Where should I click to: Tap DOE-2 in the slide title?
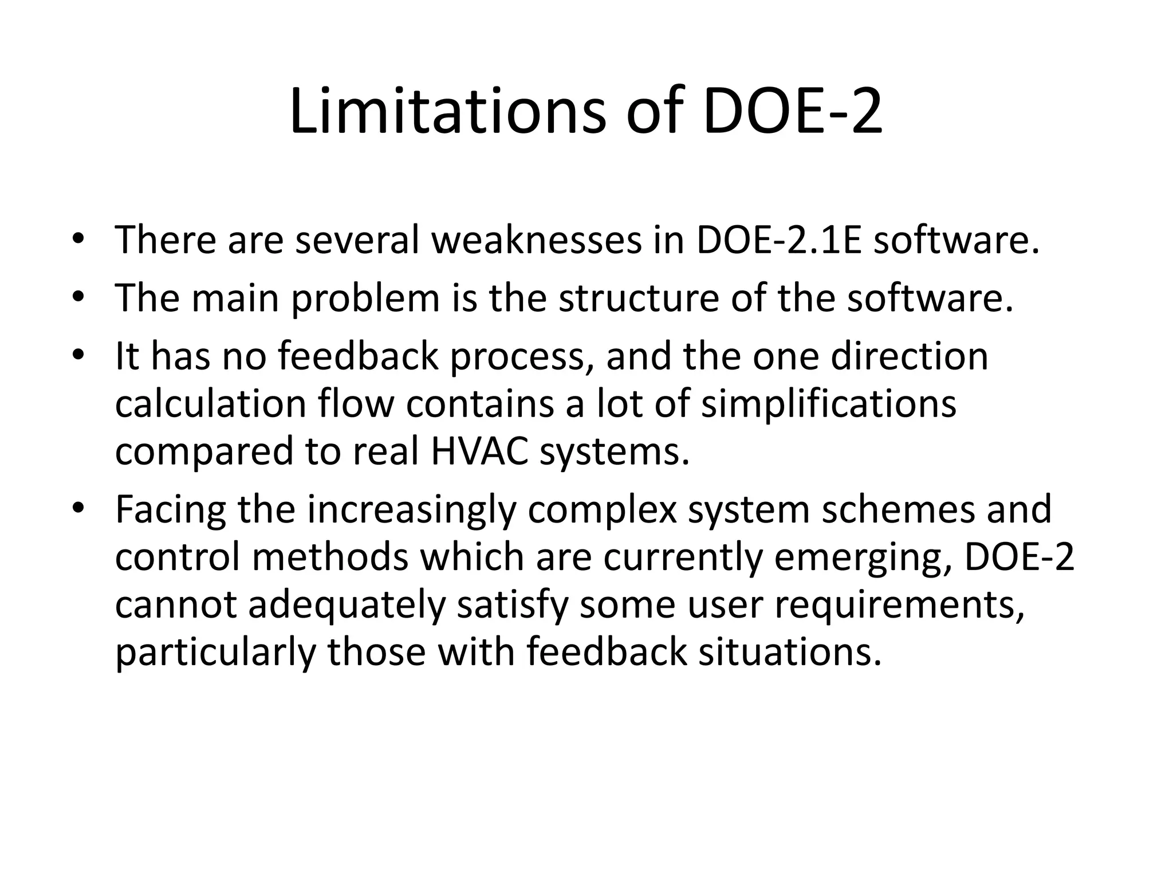click(x=793, y=112)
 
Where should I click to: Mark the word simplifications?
click(x=829, y=404)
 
